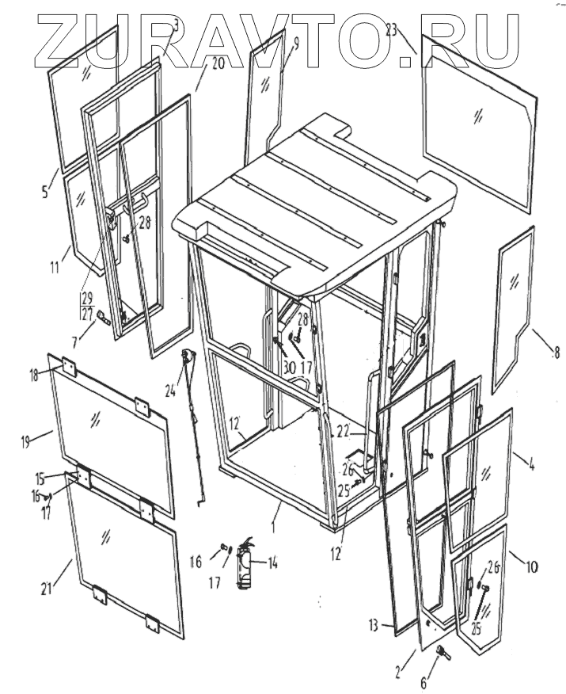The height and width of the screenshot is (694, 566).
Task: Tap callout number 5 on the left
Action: tap(45, 191)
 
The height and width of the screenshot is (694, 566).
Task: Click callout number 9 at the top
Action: tap(294, 44)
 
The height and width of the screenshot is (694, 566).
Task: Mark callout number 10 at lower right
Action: tap(531, 567)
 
